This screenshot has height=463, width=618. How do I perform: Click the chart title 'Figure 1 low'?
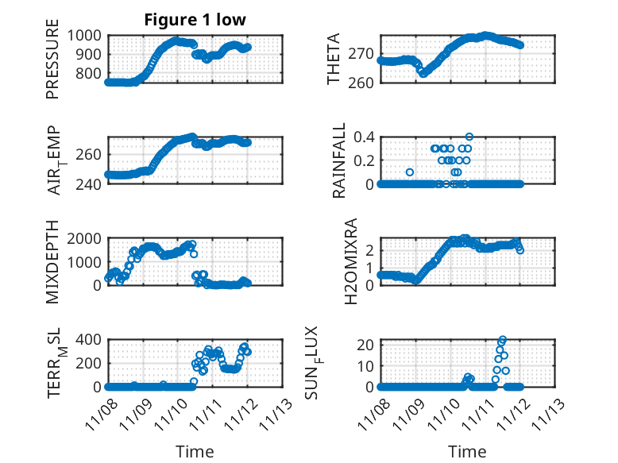click(195, 20)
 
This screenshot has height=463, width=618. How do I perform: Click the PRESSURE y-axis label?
click(52, 64)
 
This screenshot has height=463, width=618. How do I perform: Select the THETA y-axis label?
click(334, 59)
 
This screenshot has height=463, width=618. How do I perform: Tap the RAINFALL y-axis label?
click(338, 160)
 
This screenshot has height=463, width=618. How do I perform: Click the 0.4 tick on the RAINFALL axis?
click(364, 137)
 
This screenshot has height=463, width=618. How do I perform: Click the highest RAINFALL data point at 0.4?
click(469, 137)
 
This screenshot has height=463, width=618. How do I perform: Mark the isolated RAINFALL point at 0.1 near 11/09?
click(410, 172)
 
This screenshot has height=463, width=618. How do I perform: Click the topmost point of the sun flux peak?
click(503, 340)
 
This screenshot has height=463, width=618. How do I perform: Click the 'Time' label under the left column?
click(195, 451)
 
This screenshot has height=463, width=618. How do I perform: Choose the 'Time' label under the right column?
click(468, 451)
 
